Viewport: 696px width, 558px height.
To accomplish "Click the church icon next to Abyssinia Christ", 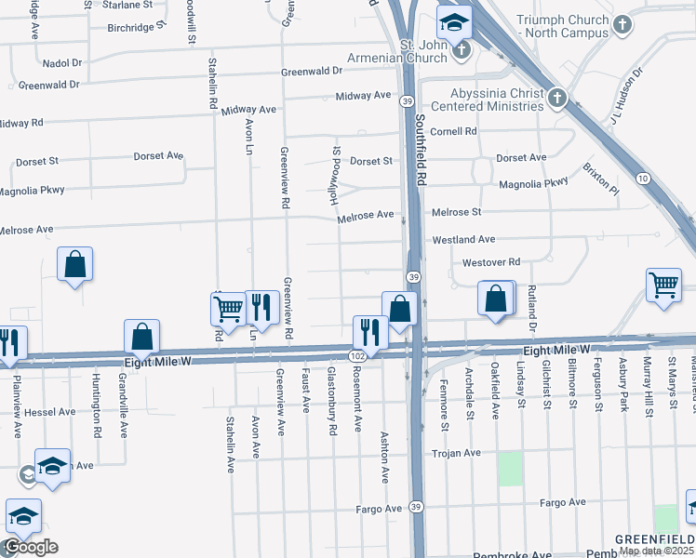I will tap(556, 98).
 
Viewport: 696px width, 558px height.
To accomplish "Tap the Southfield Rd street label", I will tap(421, 151).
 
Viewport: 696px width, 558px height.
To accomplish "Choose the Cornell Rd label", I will tap(453, 132).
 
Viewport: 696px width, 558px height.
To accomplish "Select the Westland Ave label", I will tap(463, 240).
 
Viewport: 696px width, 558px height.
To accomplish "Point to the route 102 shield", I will tap(356, 356).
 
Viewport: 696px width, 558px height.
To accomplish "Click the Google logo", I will tap(31, 547).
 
